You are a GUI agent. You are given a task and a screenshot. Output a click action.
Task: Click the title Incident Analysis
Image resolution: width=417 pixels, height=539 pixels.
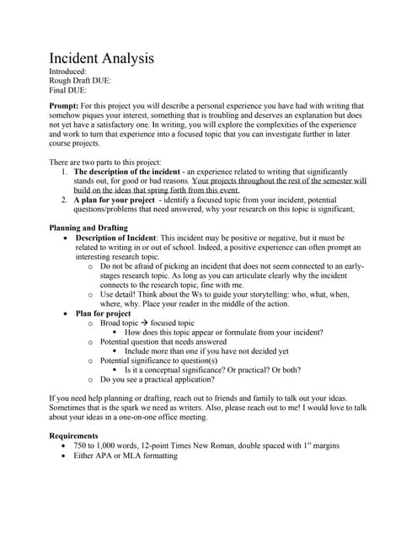coord(101,60)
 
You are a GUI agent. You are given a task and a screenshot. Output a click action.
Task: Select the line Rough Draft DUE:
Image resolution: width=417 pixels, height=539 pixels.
coord(80,81)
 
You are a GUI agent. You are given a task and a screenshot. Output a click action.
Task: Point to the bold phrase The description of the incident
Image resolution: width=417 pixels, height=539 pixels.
coord(131,171)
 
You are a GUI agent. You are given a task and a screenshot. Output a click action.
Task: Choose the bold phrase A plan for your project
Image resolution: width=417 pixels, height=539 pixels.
coord(114,200)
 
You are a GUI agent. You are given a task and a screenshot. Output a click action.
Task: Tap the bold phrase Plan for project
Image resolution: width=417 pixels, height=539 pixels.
coord(105,312)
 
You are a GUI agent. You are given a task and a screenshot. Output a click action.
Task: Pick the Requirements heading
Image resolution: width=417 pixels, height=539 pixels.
coord(74,435)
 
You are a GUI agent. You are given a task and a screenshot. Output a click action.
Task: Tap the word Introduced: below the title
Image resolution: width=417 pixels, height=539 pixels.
coord(69,72)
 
